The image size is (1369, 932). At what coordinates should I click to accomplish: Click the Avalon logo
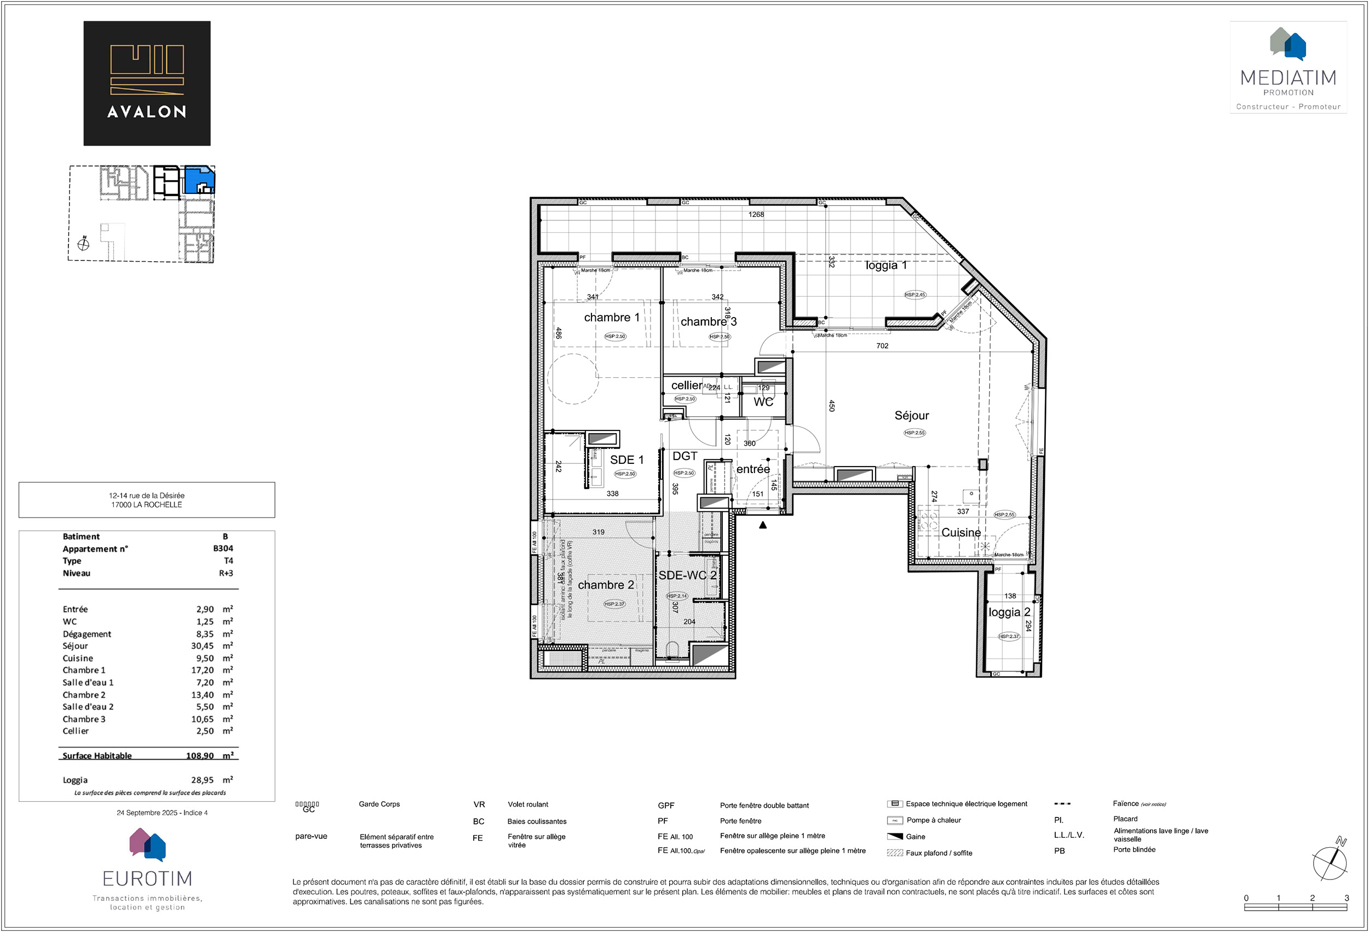[147, 83]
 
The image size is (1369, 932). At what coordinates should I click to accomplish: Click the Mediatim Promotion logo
[1288, 68]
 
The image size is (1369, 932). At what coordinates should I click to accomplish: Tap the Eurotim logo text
[147, 878]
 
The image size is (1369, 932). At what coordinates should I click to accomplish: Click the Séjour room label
[911, 415]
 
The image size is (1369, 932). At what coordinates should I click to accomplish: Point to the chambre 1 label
[612, 318]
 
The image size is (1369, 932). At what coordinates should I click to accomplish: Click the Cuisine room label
[961, 533]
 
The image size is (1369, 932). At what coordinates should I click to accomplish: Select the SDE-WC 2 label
[687, 575]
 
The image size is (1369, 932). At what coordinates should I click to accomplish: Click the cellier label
[686, 386]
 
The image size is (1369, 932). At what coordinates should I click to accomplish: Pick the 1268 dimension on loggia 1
[756, 215]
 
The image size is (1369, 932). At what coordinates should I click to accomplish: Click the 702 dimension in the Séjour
[882, 346]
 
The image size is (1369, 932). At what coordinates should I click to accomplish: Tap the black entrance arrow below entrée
[763, 525]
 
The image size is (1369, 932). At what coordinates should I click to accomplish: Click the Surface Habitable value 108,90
[200, 756]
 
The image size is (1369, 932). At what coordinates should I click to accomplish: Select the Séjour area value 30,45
[202, 646]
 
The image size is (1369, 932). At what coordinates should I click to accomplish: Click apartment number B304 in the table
[223, 549]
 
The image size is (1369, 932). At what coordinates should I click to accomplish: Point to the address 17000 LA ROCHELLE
[147, 505]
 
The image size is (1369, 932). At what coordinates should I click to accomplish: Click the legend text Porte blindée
[1134, 849]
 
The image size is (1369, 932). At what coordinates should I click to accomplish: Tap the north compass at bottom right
[1330, 861]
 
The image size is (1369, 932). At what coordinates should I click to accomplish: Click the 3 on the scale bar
[1347, 898]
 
